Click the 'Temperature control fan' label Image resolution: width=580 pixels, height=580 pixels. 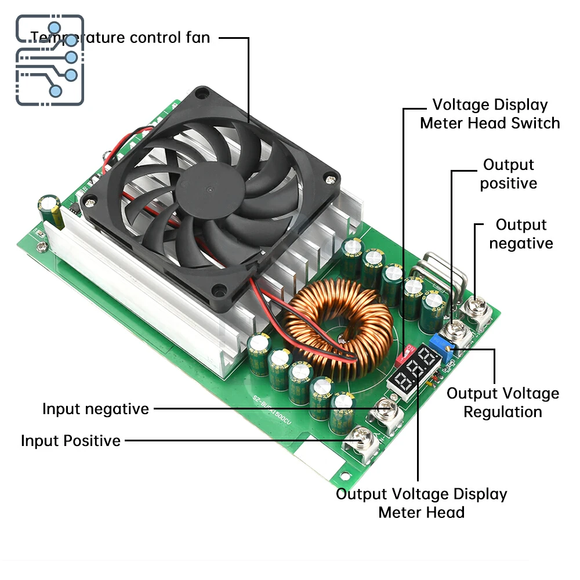coord(120,38)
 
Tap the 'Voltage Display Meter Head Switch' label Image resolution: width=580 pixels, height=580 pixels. coord(490,114)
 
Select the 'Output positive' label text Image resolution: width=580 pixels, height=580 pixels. coord(509,174)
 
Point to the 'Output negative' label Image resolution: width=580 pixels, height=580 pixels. coord(521,234)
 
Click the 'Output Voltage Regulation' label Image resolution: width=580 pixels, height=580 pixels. coord(503,403)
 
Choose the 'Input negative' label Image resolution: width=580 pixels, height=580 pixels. coord(96,409)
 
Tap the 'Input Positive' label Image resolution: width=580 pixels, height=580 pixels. coord(71,441)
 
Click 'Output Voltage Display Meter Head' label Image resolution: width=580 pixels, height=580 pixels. coord(422,503)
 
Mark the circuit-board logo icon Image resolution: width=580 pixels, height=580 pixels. coord(50,60)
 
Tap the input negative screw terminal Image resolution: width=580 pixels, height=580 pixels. coord(387,409)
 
